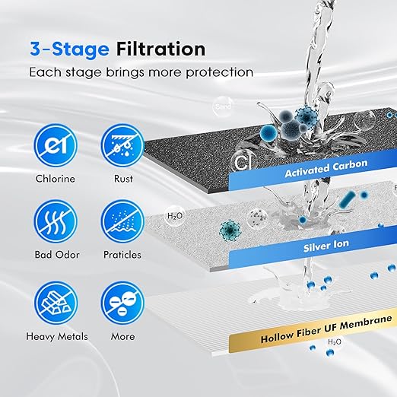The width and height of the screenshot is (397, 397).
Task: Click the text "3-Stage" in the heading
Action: (69, 49)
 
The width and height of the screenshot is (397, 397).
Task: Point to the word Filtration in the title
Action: (160, 49)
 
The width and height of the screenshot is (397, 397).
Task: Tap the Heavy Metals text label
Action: (58, 336)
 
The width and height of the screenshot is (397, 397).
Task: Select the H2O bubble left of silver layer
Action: (176, 216)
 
